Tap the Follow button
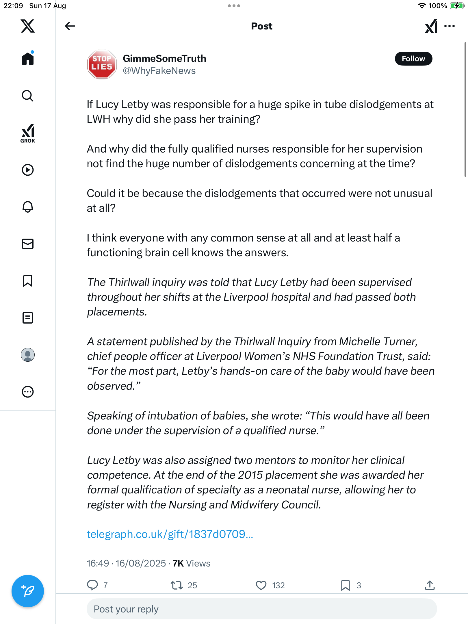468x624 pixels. (x=413, y=59)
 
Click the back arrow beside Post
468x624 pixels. (x=70, y=26)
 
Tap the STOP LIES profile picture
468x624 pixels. (x=102, y=64)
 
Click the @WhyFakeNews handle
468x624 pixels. (x=159, y=71)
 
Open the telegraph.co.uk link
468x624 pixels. (x=170, y=534)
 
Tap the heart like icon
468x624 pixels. (x=261, y=585)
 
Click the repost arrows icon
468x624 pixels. (x=177, y=585)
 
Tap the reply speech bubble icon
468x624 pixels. (x=92, y=585)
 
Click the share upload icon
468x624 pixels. (x=430, y=585)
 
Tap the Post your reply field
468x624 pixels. (x=261, y=609)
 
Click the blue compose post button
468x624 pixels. (x=28, y=591)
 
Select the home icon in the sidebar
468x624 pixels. (x=28, y=59)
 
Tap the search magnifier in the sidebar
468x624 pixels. (x=28, y=96)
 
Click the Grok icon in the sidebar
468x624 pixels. (x=28, y=133)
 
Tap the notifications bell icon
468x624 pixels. (x=28, y=207)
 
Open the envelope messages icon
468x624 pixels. (x=28, y=244)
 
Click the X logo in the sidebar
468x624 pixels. (x=28, y=26)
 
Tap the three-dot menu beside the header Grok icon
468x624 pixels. (x=450, y=26)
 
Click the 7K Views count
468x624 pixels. (x=191, y=563)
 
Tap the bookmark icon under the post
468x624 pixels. (x=345, y=585)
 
